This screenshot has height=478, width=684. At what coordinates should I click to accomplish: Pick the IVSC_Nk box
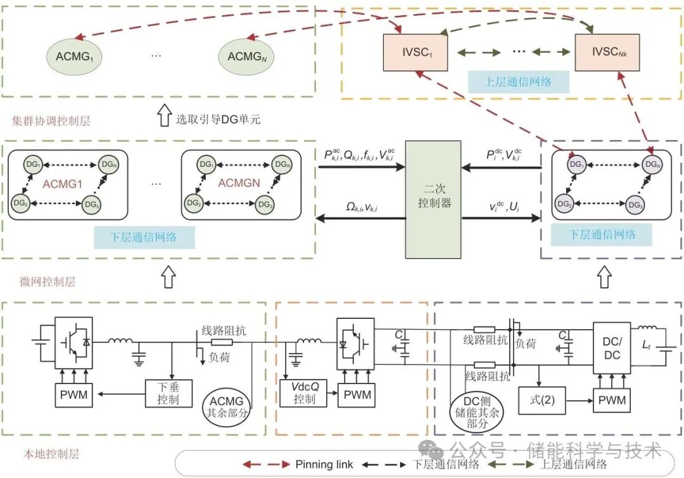point(607,53)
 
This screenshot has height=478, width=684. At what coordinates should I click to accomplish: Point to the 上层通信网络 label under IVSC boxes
point(518,81)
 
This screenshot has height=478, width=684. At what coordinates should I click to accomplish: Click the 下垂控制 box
point(168,392)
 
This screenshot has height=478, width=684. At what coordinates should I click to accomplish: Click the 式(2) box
point(541,400)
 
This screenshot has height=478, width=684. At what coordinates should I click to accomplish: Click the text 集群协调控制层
point(51,120)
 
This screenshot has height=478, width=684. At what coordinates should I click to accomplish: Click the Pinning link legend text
point(324,464)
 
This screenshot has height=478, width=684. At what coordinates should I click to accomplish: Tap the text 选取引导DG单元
point(218,119)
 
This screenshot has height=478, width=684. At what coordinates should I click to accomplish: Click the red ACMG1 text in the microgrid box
point(63,184)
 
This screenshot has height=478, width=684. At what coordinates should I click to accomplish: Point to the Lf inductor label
point(646,346)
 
